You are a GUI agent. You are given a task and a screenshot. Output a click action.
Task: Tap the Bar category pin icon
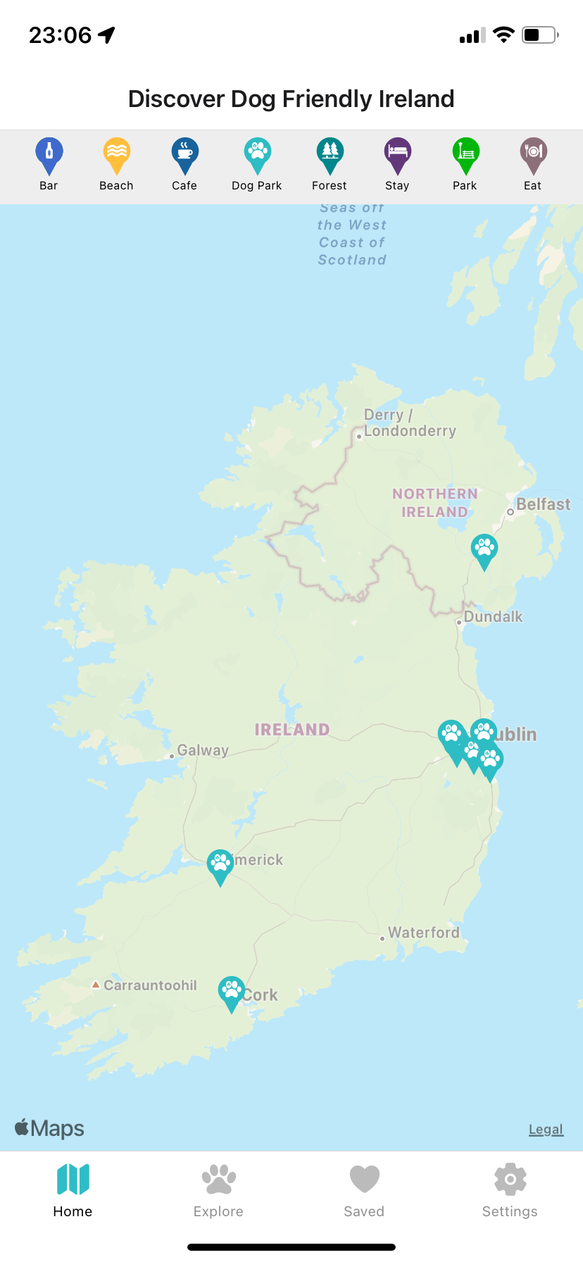coord(49,154)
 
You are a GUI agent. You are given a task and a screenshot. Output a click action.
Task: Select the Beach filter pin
coord(116,154)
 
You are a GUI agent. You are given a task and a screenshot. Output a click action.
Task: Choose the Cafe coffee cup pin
coord(184,154)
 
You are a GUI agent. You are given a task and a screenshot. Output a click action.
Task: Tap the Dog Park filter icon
coord(257,154)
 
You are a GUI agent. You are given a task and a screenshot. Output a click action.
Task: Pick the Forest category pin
coord(330,154)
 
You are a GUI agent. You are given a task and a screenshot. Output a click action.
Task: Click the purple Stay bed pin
coord(397,154)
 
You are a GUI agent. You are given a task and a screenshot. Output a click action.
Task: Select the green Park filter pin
coord(465,154)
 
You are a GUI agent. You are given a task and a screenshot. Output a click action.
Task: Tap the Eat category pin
coord(533,154)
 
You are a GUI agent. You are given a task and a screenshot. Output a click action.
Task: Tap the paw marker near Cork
coord(231,992)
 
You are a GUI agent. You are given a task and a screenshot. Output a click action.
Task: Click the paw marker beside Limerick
coord(220,865)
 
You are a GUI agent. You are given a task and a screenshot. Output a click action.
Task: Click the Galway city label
coord(203,750)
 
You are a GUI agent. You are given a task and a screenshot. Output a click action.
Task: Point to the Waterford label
coord(423,932)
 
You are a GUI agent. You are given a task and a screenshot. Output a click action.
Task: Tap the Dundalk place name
coord(493,617)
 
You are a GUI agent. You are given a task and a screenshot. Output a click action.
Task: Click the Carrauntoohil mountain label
coord(150,985)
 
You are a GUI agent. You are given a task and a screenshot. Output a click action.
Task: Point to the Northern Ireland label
coord(434,503)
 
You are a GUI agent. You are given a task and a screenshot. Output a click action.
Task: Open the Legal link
coord(546,1130)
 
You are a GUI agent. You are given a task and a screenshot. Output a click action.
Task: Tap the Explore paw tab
coord(218,1190)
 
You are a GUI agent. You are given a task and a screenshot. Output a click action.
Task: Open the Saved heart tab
coord(364,1190)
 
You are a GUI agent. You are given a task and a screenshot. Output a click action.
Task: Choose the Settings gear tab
coord(510,1190)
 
